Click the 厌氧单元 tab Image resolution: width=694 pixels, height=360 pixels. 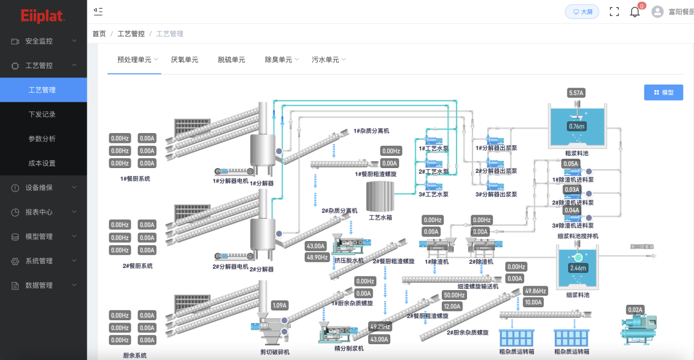(184, 59)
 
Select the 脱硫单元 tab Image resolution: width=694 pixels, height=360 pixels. (231, 59)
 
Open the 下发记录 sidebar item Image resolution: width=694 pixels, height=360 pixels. (42, 114)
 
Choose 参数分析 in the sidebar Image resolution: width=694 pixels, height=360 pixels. (42, 139)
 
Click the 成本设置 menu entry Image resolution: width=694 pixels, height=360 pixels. (42, 163)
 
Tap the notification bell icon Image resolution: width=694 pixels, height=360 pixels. (634, 12)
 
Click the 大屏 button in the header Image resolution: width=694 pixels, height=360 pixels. (582, 12)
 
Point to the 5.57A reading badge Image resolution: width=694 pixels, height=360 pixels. (576, 93)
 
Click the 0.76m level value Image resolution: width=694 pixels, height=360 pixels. (576, 126)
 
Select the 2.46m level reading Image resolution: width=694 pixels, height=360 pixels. (577, 268)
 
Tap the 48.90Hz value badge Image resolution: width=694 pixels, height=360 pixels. (317, 257)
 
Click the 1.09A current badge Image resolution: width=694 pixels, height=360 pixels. (280, 305)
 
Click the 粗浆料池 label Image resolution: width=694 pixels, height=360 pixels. (576, 153)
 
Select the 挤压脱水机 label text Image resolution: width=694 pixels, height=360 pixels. (349, 261)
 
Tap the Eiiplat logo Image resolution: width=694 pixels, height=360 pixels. (42, 16)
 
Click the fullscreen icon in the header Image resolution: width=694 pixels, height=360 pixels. (614, 12)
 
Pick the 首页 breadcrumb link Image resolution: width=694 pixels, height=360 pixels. (99, 34)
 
